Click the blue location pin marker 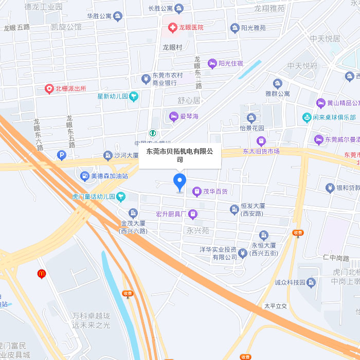coord(179,182)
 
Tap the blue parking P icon coord(61,155)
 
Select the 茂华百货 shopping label coord(215,191)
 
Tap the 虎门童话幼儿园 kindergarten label coord(93,196)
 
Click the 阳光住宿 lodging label coord(230,63)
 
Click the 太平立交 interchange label coord(275,305)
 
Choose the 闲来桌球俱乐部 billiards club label coord(336,117)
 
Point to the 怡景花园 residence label coord(251,128)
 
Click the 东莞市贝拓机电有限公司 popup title coord(179,155)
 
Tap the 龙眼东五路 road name coord(69,132)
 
